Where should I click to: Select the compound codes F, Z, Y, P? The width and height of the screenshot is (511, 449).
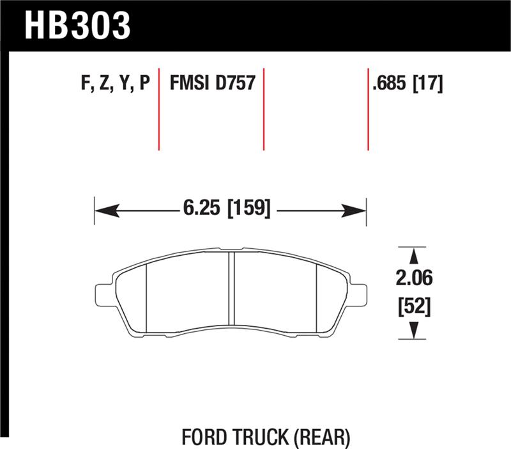[x=116, y=84]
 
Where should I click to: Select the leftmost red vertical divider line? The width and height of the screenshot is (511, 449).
[x=159, y=109]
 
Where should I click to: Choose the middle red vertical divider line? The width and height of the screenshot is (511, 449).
[x=263, y=109]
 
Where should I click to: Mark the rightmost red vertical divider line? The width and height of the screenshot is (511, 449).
[x=369, y=109]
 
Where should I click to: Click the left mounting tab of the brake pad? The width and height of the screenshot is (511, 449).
[x=103, y=294]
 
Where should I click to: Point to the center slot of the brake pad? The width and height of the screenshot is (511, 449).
[x=232, y=292]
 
